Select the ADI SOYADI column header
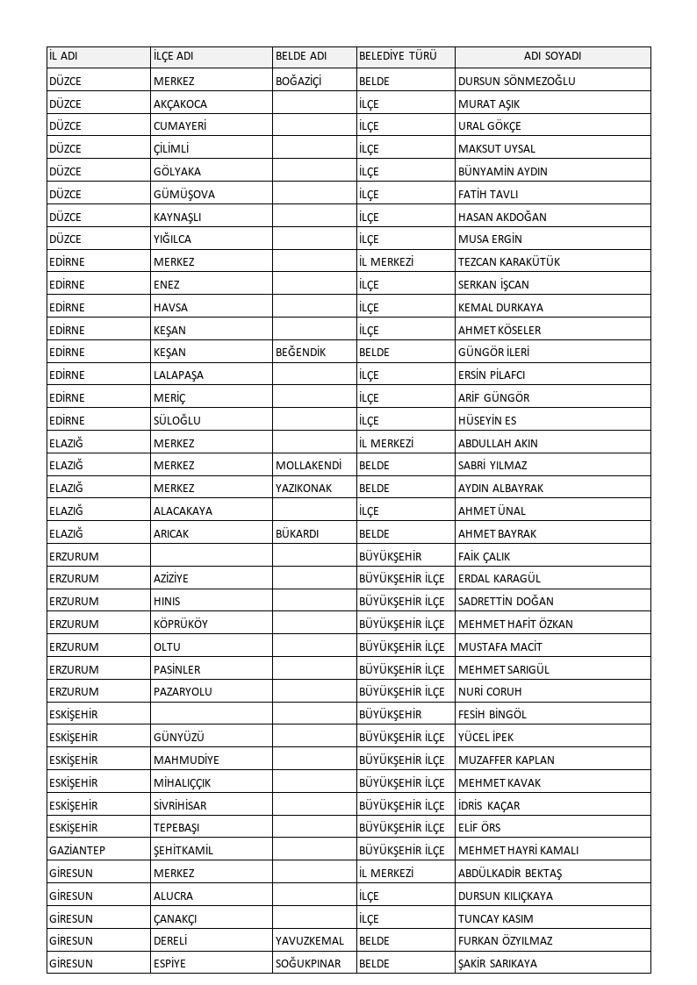pos(552,56)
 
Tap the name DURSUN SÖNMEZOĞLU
pos(516,82)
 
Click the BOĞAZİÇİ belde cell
pos(298,82)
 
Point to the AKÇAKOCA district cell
pos(180,104)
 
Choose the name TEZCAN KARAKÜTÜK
pos(509,262)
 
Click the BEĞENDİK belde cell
pos(300,353)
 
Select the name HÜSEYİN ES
pos(487,421)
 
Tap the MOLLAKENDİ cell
pos(308,466)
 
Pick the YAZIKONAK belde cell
pos(304,489)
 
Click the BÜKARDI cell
pos(297,534)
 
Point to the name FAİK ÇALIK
pos(484,557)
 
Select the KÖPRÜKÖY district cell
pos(181,625)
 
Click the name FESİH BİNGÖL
pos(492,715)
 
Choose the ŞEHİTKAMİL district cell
pos(183,851)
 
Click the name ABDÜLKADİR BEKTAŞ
pos(510,874)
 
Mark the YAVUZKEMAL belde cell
pos(309,941)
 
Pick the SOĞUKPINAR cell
pos(308,964)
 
